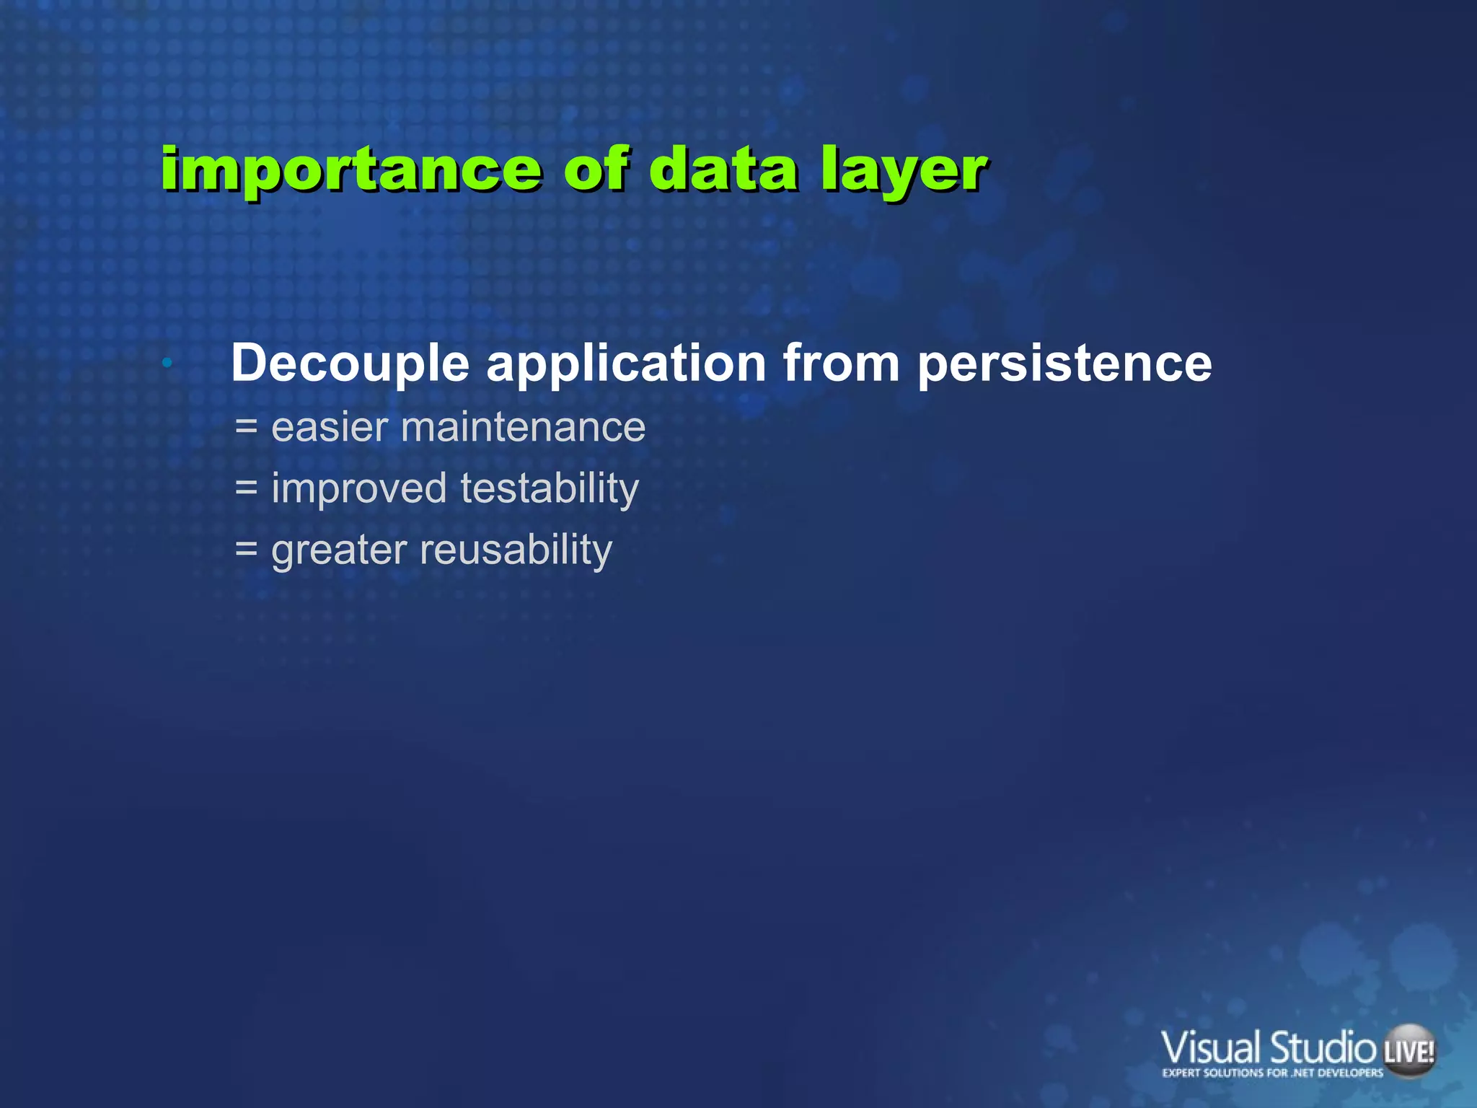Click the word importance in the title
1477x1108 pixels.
pos(350,170)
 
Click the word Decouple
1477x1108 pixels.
pos(350,363)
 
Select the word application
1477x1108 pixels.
pos(626,363)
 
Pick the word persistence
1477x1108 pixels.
pos(1064,363)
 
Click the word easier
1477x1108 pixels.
pos(330,427)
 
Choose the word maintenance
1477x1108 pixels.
pos(523,427)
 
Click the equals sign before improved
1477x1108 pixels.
pos(247,488)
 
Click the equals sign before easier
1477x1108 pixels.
pos(247,427)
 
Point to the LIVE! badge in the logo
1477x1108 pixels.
pos(1408,1051)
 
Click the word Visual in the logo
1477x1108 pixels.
pos(1212,1048)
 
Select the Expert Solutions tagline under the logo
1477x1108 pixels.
pos(1272,1073)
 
